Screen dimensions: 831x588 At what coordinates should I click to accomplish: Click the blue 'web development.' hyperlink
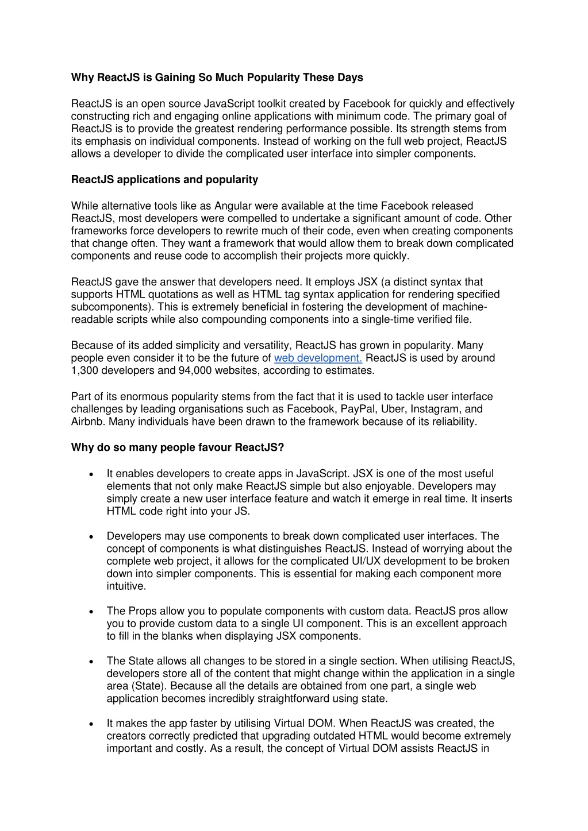point(318,358)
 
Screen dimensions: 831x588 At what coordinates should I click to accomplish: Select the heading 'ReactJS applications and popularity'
point(164,180)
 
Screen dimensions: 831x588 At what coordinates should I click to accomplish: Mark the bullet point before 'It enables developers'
point(92,474)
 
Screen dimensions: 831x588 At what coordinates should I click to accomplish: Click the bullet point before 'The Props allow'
point(92,612)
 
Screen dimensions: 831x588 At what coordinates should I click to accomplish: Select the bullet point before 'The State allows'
point(92,662)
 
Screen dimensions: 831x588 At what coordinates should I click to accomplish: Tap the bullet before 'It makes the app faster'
point(92,724)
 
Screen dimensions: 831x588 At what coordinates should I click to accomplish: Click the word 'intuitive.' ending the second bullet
point(126,586)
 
